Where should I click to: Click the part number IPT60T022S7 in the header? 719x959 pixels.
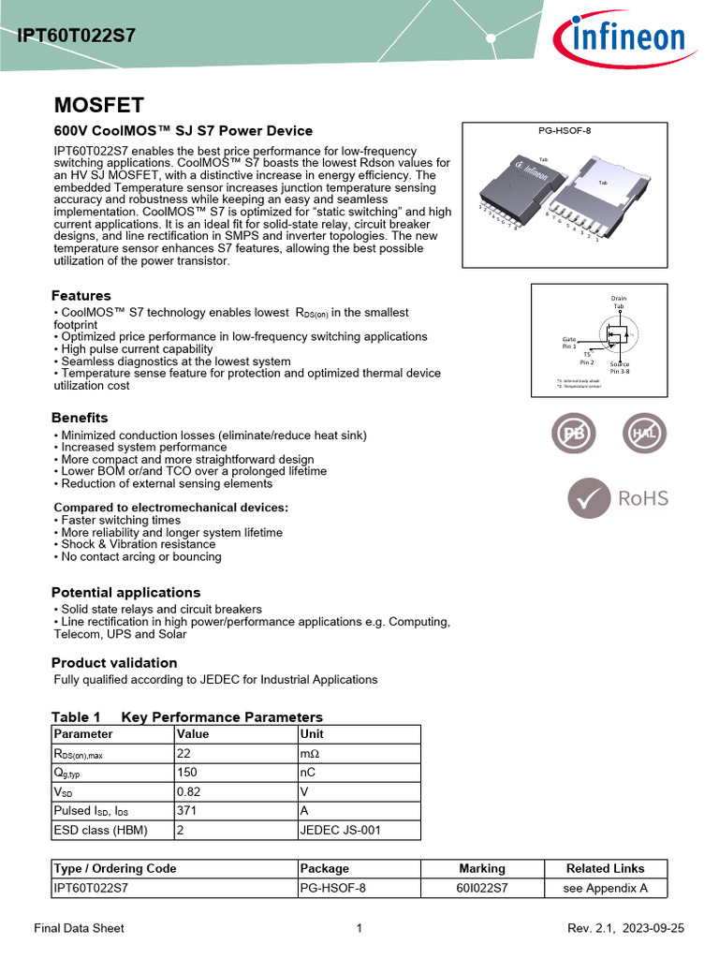76,37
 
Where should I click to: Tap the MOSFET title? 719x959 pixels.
98,104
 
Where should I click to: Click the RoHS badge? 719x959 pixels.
618,498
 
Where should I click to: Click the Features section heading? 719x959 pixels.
81,296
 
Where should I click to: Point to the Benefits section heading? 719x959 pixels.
80,418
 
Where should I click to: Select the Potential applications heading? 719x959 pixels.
125,593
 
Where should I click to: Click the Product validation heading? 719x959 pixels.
114,663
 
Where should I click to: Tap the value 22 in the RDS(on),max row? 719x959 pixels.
183,755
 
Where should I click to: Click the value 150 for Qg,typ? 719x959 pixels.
187,774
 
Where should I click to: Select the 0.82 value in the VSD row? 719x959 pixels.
188,792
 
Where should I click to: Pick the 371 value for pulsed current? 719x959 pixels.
187,811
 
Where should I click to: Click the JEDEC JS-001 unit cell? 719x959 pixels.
341,830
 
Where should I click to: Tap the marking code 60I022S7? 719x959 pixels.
482,889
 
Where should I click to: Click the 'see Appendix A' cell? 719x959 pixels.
606,889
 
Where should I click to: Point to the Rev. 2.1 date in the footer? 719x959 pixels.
626,928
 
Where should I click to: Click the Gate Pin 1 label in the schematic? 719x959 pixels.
569,343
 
